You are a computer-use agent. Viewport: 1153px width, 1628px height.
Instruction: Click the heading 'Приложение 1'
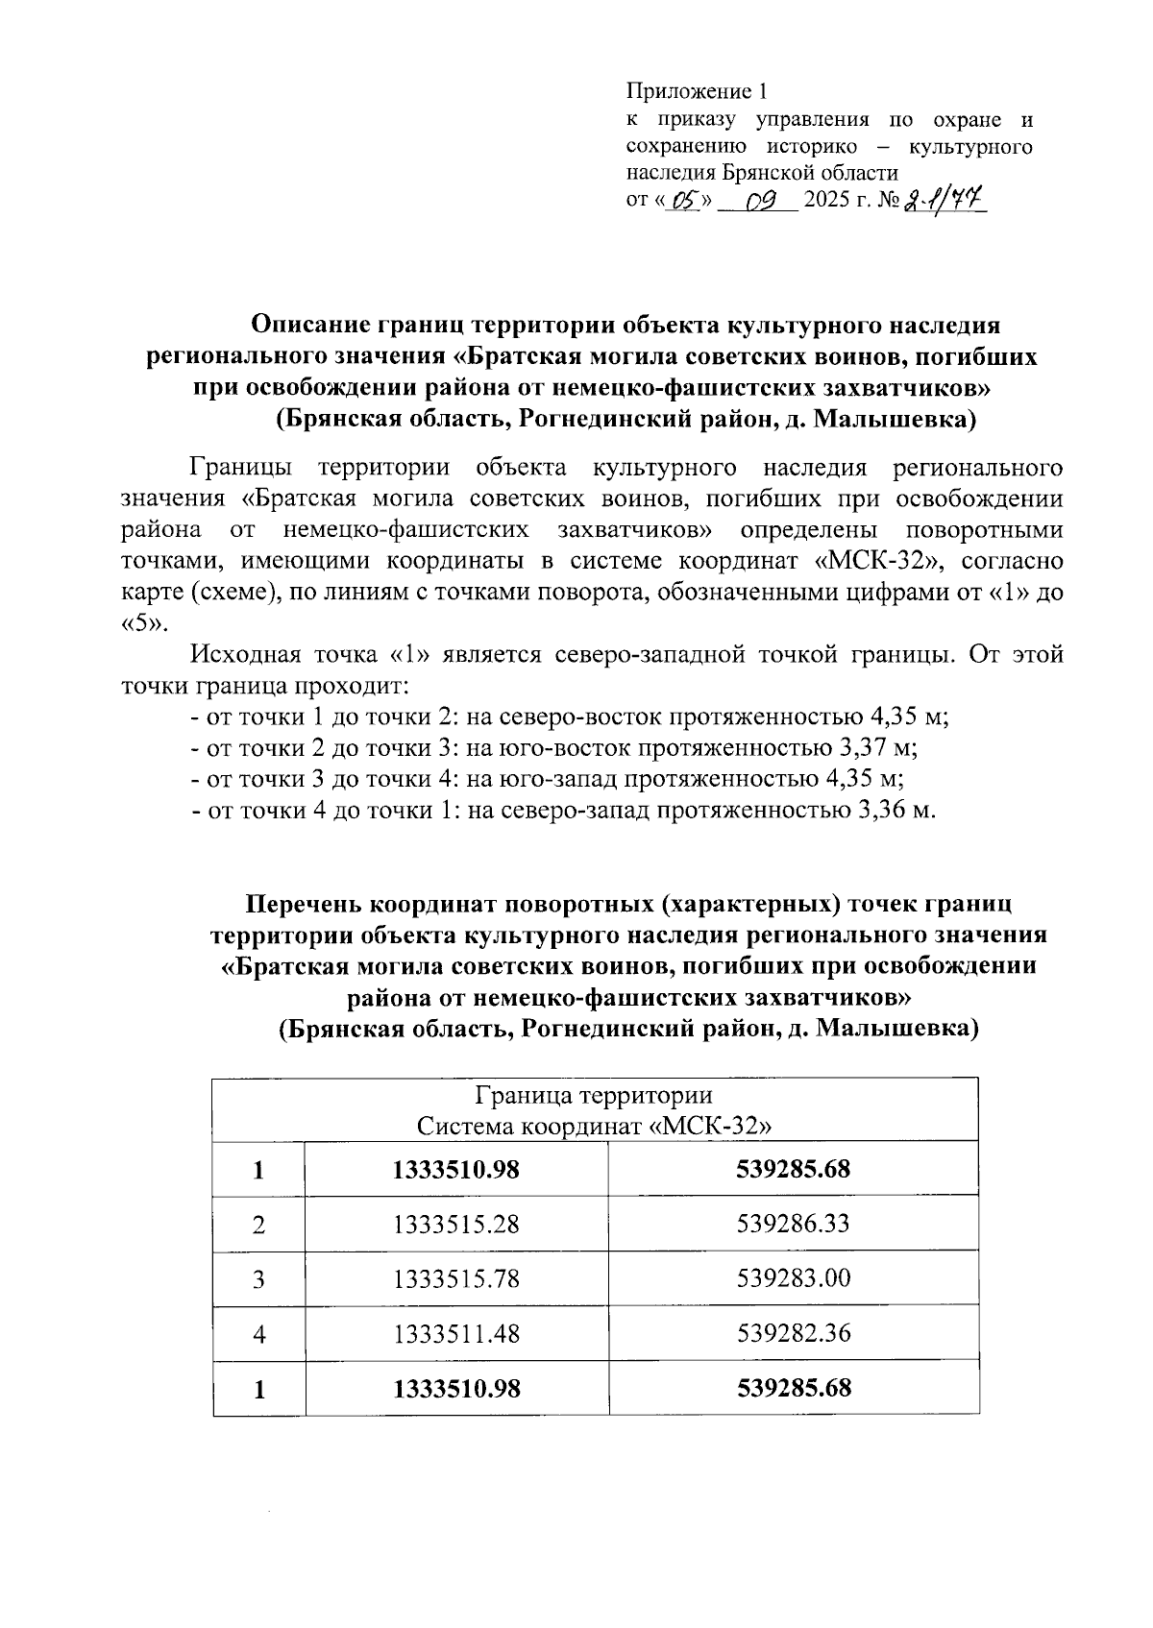pos(698,92)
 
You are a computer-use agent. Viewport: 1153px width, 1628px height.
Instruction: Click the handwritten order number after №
pos(944,201)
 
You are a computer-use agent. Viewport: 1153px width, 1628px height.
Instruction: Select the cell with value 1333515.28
pos(456,1225)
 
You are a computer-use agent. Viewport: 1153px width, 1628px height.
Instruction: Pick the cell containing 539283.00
pos(794,1278)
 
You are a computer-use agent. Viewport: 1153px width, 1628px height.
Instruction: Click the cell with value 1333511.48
pos(456,1334)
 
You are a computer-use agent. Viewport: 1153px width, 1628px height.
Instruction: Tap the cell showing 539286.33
pos(794,1225)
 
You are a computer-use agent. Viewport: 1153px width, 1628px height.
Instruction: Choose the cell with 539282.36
pos(794,1334)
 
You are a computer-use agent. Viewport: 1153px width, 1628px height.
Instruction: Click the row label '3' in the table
pos(258,1279)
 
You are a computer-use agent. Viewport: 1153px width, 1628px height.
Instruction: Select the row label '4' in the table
pos(258,1334)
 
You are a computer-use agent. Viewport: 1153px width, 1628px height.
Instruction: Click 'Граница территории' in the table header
pos(594,1096)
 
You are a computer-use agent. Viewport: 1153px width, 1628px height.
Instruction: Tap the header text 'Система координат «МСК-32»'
pos(594,1126)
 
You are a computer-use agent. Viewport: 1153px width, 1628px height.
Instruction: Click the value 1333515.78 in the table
pos(456,1279)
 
